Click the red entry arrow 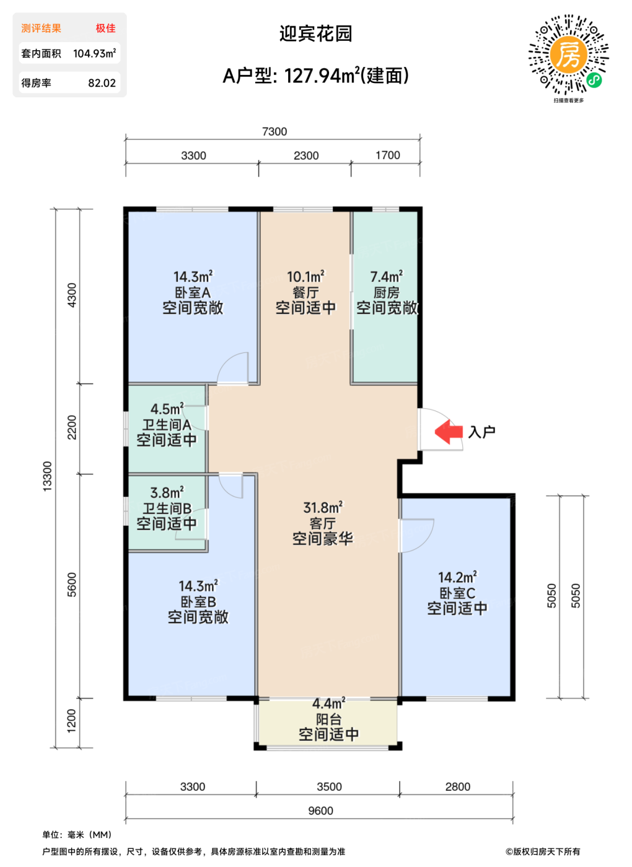coord(449,432)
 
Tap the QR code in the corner coord(569,54)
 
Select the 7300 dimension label coord(274,132)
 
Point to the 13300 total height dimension coord(47,476)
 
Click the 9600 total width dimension coord(321,811)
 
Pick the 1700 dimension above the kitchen coord(388,155)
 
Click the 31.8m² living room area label coord(323,507)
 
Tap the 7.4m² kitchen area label coord(387,276)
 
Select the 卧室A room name coord(193,292)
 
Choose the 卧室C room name coord(457,593)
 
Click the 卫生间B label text coord(167,508)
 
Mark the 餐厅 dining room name coord(306,292)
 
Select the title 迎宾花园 coord(315,33)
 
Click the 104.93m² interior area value coord(94,53)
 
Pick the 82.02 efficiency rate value coord(102,83)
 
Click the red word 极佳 coord(106,28)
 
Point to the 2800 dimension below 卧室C coord(458,786)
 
